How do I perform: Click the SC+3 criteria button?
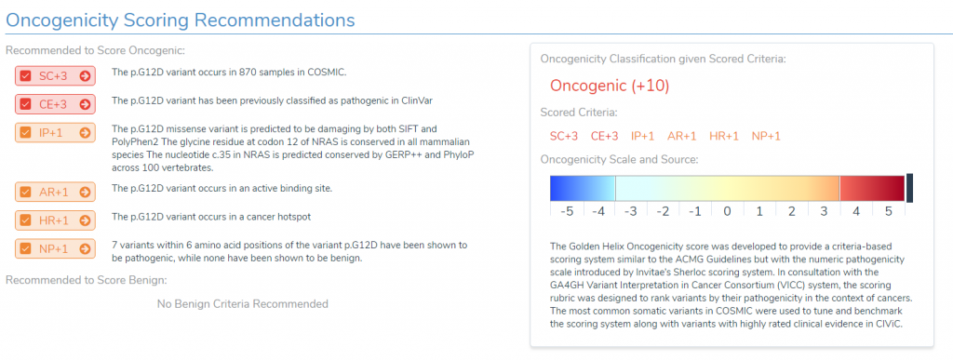[x=55, y=76]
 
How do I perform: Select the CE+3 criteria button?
[x=55, y=103]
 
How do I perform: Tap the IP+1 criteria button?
[x=55, y=133]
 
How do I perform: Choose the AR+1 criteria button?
[x=55, y=192]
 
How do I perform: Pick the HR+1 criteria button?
[x=55, y=220]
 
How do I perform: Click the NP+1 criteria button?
[x=55, y=248]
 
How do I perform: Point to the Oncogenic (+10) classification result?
[x=610, y=87]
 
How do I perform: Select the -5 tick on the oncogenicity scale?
[x=566, y=211]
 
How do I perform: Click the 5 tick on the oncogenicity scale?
[x=889, y=211]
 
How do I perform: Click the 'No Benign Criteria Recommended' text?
[x=242, y=303]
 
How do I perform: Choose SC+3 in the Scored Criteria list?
[x=565, y=136]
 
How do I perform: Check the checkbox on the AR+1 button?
[x=26, y=192]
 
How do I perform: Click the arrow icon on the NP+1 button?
[x=85, y=248]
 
